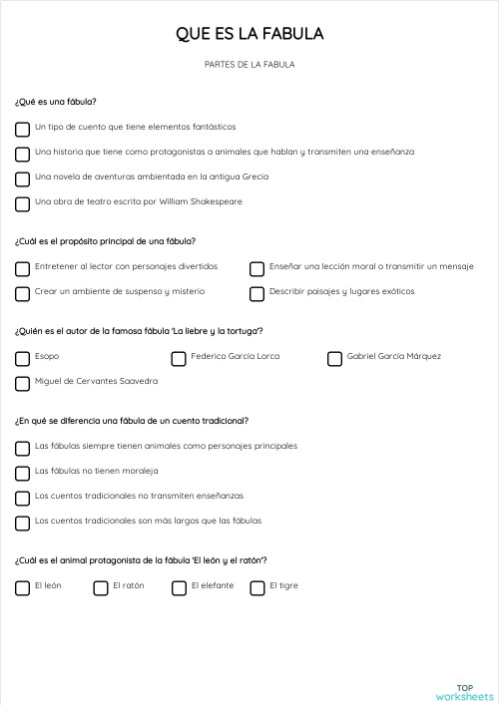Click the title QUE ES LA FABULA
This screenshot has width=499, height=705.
click(249, 34)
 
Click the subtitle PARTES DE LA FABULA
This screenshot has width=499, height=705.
click(249, 65)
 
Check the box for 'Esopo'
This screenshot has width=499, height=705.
click(22, 358)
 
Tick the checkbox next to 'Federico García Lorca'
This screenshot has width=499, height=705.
click(179, 358)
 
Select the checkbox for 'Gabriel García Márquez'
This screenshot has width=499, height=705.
click(335, 358)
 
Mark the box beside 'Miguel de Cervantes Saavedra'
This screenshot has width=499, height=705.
click(22, 383)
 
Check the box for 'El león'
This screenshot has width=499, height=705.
click(22, 587)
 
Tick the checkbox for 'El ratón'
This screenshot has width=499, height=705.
click(101, 587)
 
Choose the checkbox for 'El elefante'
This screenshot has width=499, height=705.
click(179, 587)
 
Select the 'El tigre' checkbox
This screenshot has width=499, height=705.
click(257, 587)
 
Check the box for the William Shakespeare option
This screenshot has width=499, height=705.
click(22, 203)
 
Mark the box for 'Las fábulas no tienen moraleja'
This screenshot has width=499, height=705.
click(22, 473)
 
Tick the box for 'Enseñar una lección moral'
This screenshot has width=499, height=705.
click(257, 268)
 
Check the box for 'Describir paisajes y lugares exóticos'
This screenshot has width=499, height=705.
click(257, 293)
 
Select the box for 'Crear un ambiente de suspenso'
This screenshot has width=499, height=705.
click(22, 293)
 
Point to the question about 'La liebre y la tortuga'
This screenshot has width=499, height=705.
click(139, 331)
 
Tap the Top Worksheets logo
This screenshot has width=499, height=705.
click(464, 692)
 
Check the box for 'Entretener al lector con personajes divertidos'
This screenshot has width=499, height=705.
click(22, 268)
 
